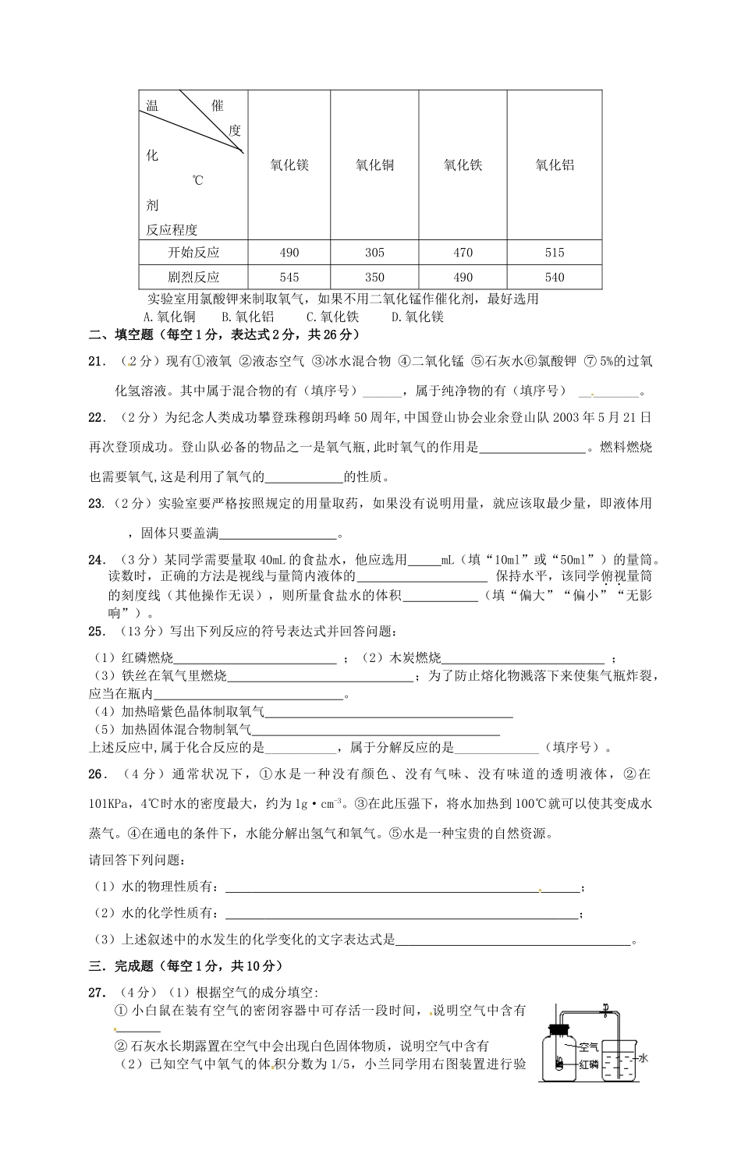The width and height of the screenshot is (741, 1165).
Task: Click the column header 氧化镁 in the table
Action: (289, 165)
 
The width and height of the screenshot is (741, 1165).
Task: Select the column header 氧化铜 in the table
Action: (374, 165)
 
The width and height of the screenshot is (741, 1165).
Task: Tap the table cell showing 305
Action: (374, 253)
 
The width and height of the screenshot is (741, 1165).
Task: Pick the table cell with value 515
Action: (555, 253)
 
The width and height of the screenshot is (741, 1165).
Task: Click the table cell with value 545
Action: (289, 277)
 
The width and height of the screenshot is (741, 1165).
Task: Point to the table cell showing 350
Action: (374, 277)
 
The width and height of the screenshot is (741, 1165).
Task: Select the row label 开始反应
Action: (193, 253)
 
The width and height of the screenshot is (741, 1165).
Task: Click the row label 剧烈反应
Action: (193, 277)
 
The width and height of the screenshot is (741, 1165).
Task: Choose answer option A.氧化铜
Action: (170, 317)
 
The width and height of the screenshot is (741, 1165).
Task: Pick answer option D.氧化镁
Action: (417, 317)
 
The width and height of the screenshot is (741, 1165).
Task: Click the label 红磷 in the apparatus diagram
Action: (588, 1064)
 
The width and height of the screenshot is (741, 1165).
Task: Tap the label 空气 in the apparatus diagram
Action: (588, 1047)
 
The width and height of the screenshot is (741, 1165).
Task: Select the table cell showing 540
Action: (555, 277)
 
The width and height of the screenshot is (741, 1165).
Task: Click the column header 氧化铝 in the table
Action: (555, 165)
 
